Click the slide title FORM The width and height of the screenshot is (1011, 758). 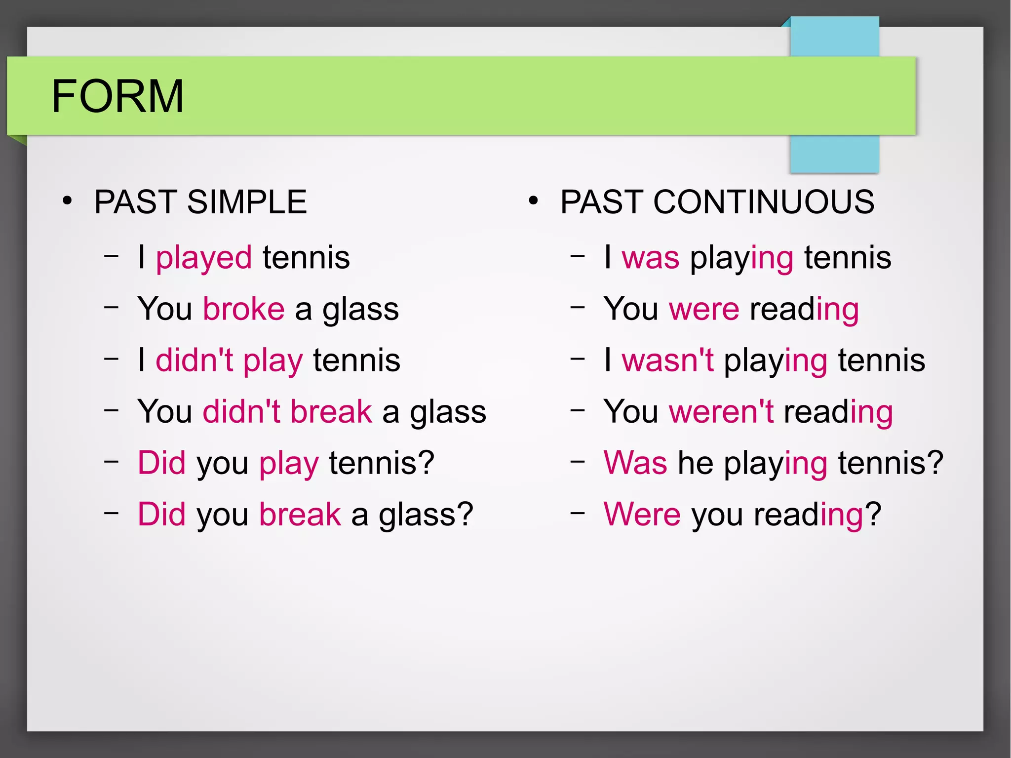(117, 96)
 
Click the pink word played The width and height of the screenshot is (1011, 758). (203, 258)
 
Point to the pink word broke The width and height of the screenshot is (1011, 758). (244, 309)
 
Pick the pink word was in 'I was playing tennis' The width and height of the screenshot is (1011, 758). (650, 258)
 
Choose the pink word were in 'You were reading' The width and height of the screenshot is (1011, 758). (704, 310)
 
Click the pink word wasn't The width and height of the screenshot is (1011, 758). (667, 360)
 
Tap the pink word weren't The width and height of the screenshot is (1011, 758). (721, 412)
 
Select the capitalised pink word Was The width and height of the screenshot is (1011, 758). (635, 463)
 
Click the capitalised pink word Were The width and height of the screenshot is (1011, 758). (642, 515)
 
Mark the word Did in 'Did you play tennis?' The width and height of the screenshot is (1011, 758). (161, 463)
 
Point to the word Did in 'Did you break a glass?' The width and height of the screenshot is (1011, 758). (161, 515)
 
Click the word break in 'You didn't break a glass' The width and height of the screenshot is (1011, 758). (331, 412)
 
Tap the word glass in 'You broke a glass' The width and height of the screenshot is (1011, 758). (360, 310)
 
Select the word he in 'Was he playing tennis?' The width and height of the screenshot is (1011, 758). (696, 463)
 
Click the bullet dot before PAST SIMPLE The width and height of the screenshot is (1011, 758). (67, 201)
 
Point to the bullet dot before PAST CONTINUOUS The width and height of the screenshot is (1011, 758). (533, 201)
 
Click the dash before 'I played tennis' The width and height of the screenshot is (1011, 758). (112, 256)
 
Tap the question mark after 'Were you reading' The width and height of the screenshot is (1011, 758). (873, 515)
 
